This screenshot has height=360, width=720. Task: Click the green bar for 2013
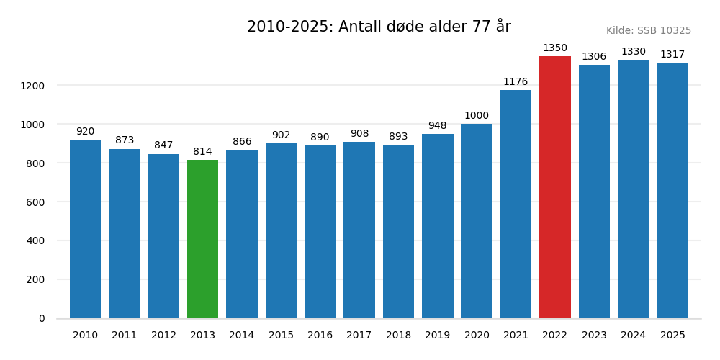coord(202,239)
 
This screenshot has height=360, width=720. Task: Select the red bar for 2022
coord(555,187)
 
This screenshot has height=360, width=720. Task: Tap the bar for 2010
coord(85,229)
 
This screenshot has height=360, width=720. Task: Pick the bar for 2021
coord(516,204)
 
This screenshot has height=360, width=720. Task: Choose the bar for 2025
coord(672,190)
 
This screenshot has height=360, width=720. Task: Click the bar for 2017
coord(359,230)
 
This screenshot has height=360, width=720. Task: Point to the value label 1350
coord(555,48)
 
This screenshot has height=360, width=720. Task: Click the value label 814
coord(202,152)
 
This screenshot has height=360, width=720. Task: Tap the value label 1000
coord(477,116)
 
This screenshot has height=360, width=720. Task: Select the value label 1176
coord(516,82)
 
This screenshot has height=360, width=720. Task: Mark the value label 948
coord(437,126)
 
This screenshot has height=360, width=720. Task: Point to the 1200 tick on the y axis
coord(32,86)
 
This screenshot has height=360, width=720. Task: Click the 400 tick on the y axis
coord(35,240)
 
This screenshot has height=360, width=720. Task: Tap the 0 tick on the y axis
coord(41,318)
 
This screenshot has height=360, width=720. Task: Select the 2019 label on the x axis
coord(437,336)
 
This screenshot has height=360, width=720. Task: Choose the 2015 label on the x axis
coord(281,336)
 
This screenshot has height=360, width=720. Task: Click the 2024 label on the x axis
coord(634,336)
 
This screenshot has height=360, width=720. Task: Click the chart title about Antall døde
coord(379,27)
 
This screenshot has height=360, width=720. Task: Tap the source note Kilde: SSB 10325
coord(648,31)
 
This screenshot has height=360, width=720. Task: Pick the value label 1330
coord(634,52)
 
